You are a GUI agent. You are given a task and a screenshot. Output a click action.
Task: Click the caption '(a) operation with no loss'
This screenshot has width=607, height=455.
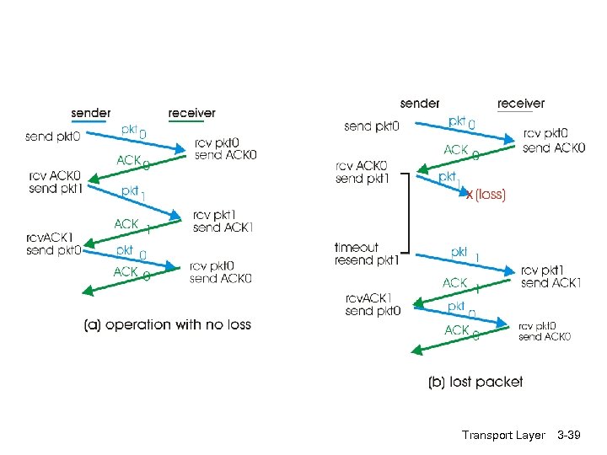coord(168,324)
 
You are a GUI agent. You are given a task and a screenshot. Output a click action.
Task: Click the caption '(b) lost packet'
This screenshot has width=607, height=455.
coord(475,382)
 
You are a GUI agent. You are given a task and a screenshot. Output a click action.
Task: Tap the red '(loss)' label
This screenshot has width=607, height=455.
coord(490,195)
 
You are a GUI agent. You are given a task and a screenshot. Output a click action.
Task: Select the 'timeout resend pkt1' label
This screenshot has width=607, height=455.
coord(366,254)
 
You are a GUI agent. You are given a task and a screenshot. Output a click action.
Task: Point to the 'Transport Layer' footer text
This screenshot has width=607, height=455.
coord(503,435)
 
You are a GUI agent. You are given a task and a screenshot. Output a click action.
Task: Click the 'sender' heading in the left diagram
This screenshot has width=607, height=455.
coord(90,113)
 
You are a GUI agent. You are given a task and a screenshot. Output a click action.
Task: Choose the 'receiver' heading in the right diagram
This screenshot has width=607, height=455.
coord(521,104)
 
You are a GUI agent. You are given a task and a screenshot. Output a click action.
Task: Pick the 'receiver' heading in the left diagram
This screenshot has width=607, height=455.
coord(191,113)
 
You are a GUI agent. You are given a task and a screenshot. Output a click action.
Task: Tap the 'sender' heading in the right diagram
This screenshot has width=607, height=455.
coord(420,104)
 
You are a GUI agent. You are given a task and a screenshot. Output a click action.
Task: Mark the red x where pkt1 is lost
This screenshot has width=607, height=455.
coord(470,195)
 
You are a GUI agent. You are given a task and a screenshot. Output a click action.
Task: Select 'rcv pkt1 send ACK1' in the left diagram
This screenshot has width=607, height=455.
coord(223,221)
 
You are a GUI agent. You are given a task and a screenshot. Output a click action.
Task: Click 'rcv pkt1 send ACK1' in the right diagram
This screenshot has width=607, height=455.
coord(551,276)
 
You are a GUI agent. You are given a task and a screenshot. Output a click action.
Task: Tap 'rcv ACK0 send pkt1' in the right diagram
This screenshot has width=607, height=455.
coord(362,172)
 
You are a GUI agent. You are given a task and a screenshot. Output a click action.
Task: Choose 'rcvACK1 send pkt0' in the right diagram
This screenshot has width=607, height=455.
coord(373,304)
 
